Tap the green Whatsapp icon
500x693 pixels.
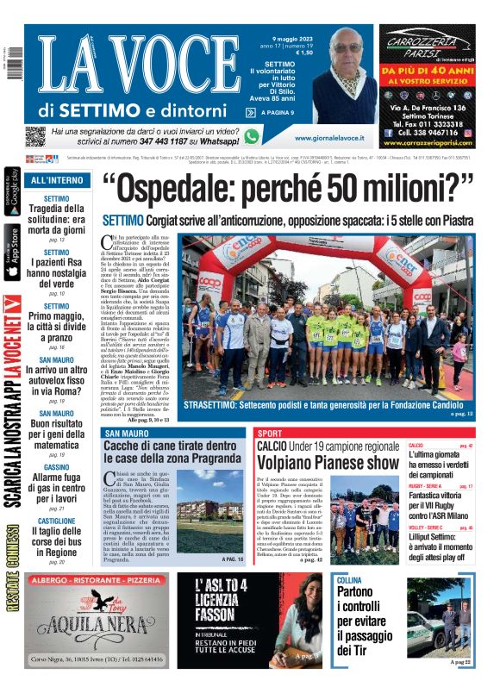tap(252, 136)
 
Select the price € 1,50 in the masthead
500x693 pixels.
tap(303, 52)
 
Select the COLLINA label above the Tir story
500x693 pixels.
tap(350, 581)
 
